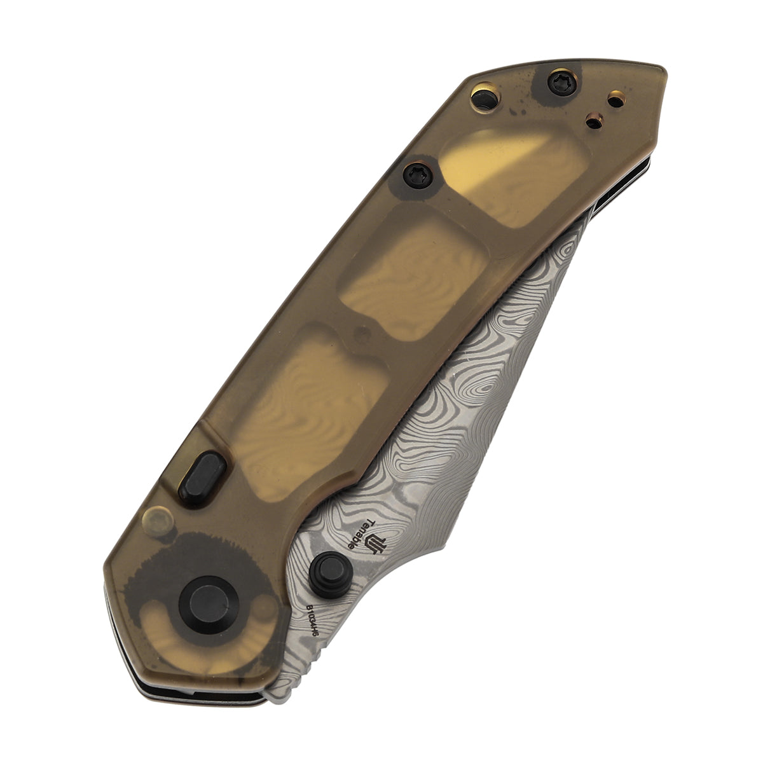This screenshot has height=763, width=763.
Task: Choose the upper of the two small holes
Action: pyautogui.click(x=615, y=99)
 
